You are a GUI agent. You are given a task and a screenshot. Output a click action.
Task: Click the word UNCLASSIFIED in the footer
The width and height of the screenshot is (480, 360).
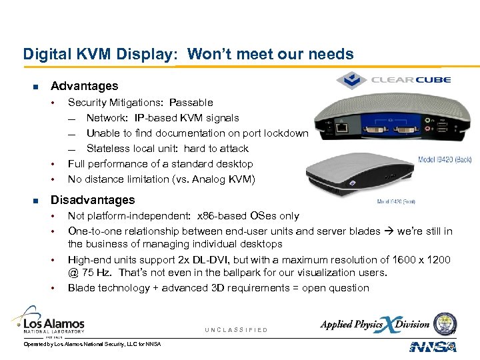pos(237,330)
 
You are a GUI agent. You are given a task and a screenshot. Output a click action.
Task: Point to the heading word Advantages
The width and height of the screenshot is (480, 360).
pos(84,86)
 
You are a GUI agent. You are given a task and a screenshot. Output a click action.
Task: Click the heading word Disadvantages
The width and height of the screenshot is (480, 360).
pos(93,200)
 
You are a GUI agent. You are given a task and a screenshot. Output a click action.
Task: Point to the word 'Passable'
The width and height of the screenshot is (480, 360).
pos(191,103)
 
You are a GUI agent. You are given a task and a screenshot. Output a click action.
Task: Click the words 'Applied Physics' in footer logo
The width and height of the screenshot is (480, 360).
pos(352,325)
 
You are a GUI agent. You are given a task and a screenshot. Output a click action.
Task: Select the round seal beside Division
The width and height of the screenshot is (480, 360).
pos(445,323)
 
